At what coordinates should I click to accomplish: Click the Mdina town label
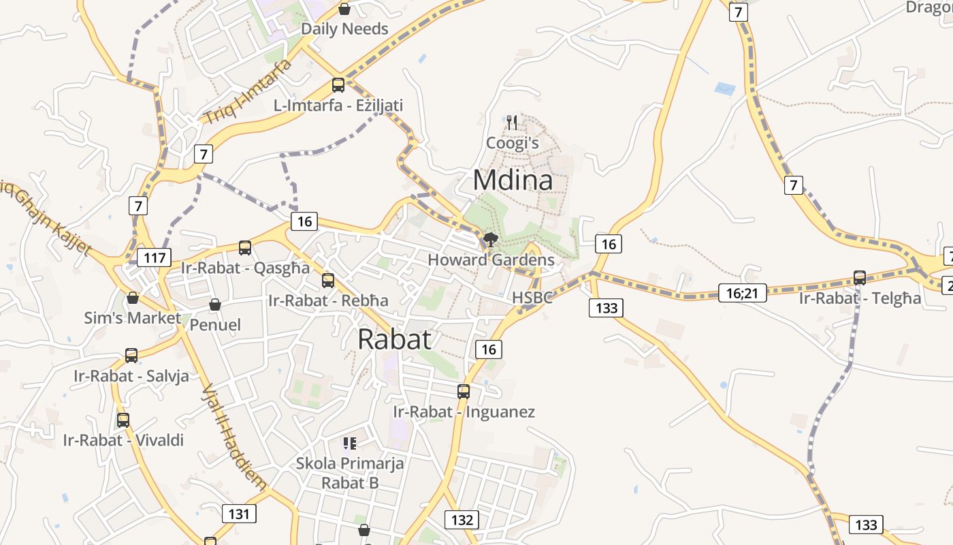[512, 181]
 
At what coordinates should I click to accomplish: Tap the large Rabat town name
[394, 339]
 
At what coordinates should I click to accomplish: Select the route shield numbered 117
[154, 258]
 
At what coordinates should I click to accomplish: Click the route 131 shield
[239, 513]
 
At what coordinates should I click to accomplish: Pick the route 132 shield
[462, 520]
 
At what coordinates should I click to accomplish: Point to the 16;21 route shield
[742, 293]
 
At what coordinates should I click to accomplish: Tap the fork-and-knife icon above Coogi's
[512, 123]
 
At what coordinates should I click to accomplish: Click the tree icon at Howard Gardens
[490, 239]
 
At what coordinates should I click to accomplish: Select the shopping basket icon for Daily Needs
[344, 9]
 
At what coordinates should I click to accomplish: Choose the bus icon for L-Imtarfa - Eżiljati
[338, 85]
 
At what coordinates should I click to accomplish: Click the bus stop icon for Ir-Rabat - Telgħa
[860, 278]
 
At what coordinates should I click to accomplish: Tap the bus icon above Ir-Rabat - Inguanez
[464, 391]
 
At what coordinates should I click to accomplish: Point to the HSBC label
[532, 298]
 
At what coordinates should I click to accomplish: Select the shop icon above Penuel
[214, 305]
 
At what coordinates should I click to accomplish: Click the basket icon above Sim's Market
[133, 298]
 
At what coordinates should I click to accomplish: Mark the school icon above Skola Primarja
[350, 444]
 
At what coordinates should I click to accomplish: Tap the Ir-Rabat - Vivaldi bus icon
[123, 420]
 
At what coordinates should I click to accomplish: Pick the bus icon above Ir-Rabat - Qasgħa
[245, 248]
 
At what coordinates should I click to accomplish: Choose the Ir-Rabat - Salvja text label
[131, 376]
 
